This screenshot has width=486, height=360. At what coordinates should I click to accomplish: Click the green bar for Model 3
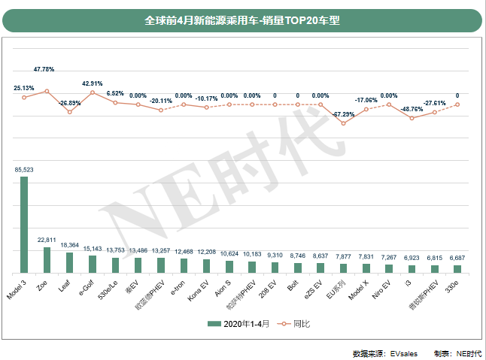[x=24, y=225]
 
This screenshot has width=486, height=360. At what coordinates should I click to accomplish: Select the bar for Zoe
[x=47, y=259]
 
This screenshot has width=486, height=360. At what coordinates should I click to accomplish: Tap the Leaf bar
[x=69, y=262]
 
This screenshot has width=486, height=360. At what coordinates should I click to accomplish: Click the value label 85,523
[x=24, y=171]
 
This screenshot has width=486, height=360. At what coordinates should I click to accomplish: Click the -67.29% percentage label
[x=343, y=113]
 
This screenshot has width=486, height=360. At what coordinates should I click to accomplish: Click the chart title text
[x=242, y=21]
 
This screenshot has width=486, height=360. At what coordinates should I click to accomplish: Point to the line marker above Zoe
[x=47, y=91]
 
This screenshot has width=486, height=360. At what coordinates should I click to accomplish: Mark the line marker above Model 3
[x=24, y=98]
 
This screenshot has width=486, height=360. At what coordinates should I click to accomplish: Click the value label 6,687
[x=457, y=259]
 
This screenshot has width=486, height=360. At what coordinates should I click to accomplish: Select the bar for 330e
[x=457, y=268]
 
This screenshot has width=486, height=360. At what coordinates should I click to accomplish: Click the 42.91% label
[x=92, y=83]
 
